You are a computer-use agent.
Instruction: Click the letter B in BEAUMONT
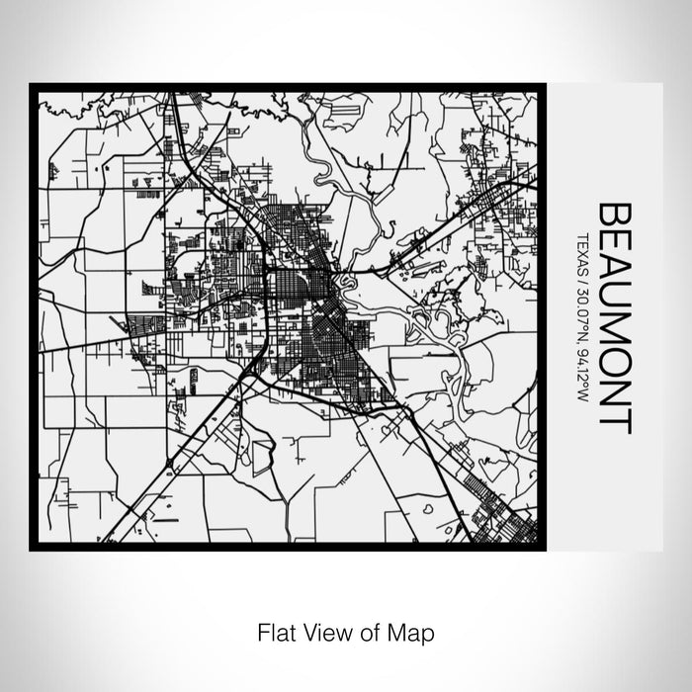(614, 214)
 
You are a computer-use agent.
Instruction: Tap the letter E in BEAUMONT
(614, 240)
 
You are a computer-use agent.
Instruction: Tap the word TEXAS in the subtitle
(582, 251)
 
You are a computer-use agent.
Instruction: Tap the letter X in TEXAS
(582, 251)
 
